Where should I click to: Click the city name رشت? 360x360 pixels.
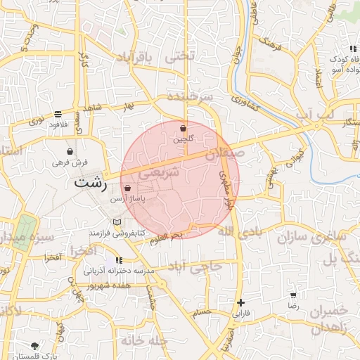[91, 184]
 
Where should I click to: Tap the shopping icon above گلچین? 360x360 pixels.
[184, 129]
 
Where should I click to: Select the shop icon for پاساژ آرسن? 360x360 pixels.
[127, 188]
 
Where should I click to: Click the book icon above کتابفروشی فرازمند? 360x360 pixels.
[117, 222]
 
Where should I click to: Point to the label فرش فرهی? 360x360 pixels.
[70, 162]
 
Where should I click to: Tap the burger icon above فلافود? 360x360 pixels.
[57, 114]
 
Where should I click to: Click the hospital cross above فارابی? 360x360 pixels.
[240, 302]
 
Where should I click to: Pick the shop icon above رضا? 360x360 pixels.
[293, 295]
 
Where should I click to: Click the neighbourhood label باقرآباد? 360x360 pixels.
[133, 56]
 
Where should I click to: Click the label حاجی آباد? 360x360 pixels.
[200, 266]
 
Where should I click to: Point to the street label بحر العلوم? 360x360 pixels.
[166, 238]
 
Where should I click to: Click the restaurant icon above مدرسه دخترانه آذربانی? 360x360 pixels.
[118, 260]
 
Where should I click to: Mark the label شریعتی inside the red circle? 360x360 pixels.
[160, 172]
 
